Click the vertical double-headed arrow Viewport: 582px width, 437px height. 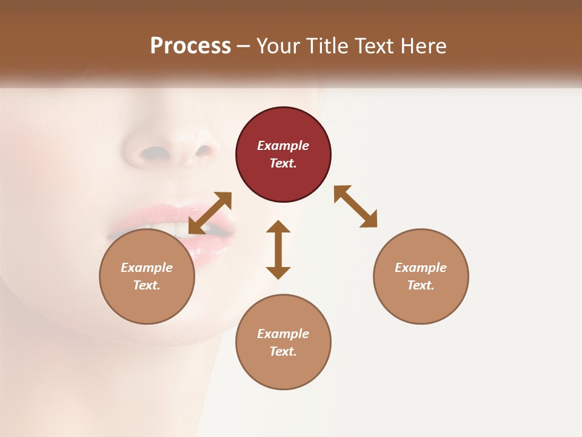[278, 249]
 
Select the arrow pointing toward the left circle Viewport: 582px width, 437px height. [210, 213]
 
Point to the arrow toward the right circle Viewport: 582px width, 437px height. [355, 206]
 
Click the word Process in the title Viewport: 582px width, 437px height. [190, 46]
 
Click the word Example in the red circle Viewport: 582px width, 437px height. [283, 146]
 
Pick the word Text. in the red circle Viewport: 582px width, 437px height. [283, 163]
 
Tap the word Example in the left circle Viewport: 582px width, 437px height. [147, 268]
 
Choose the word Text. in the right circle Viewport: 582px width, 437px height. [421, 285]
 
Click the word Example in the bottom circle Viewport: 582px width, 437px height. [283, 334]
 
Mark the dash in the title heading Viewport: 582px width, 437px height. [244, 46]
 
